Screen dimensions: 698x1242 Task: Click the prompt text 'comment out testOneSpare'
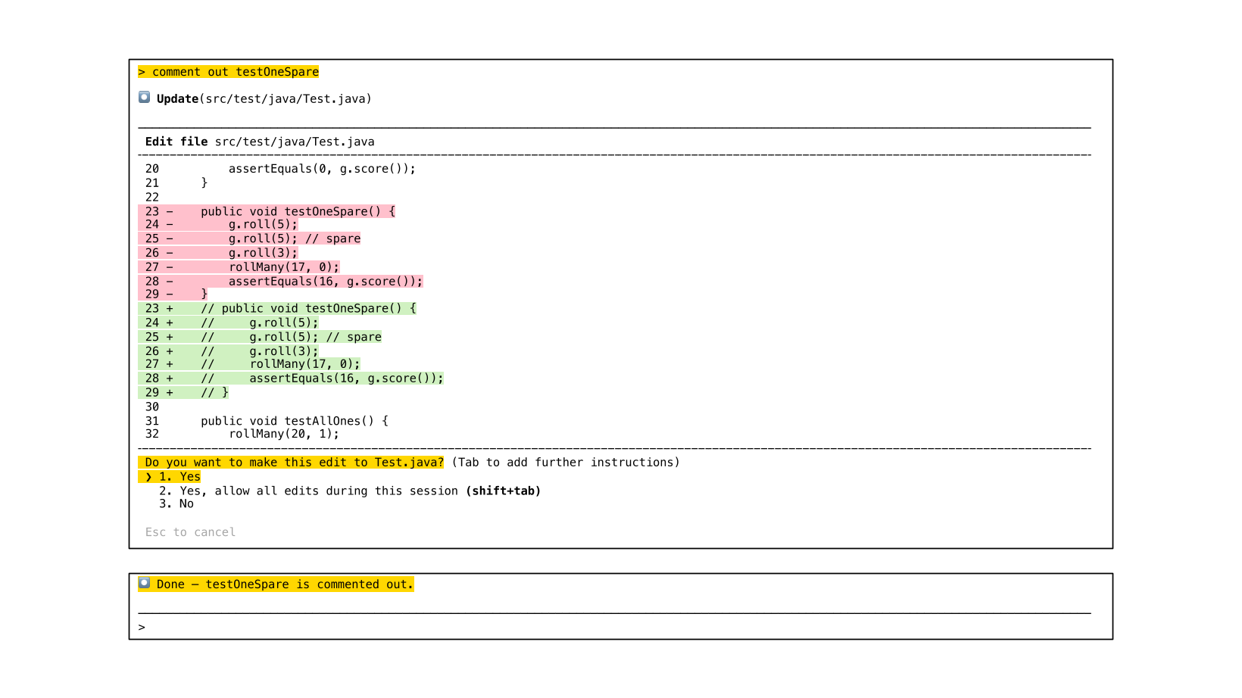tap(235, 72)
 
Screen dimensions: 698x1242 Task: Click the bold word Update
tap(177, 98)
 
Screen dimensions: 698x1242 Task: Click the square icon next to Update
tap(144, 98)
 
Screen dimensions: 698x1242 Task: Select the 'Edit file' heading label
tap(176, 142)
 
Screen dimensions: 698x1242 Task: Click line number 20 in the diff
tap(152, 169)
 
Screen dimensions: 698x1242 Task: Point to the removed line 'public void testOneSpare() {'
tap(298, 211)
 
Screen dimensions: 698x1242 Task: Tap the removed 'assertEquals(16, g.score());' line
tap(326, 281)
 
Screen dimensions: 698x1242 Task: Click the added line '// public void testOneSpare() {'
tap(308, 308)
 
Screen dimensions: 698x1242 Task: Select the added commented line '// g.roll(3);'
tap(260, 351)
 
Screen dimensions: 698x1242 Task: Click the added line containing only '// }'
tap(214, 392)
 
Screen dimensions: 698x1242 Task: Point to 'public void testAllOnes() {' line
tap(294, 421)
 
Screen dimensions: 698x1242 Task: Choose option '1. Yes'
tap(179, 477)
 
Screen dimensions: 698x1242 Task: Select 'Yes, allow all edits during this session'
tap(318, 491)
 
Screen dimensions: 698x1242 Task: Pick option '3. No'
tap(176, 504)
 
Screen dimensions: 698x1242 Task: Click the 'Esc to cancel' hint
tap(190, 532)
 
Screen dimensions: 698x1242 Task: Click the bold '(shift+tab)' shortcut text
tap(503, 491)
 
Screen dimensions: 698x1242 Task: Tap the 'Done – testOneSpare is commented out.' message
tap(285, 584)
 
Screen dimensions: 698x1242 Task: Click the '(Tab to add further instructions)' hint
tap(566, 463)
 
